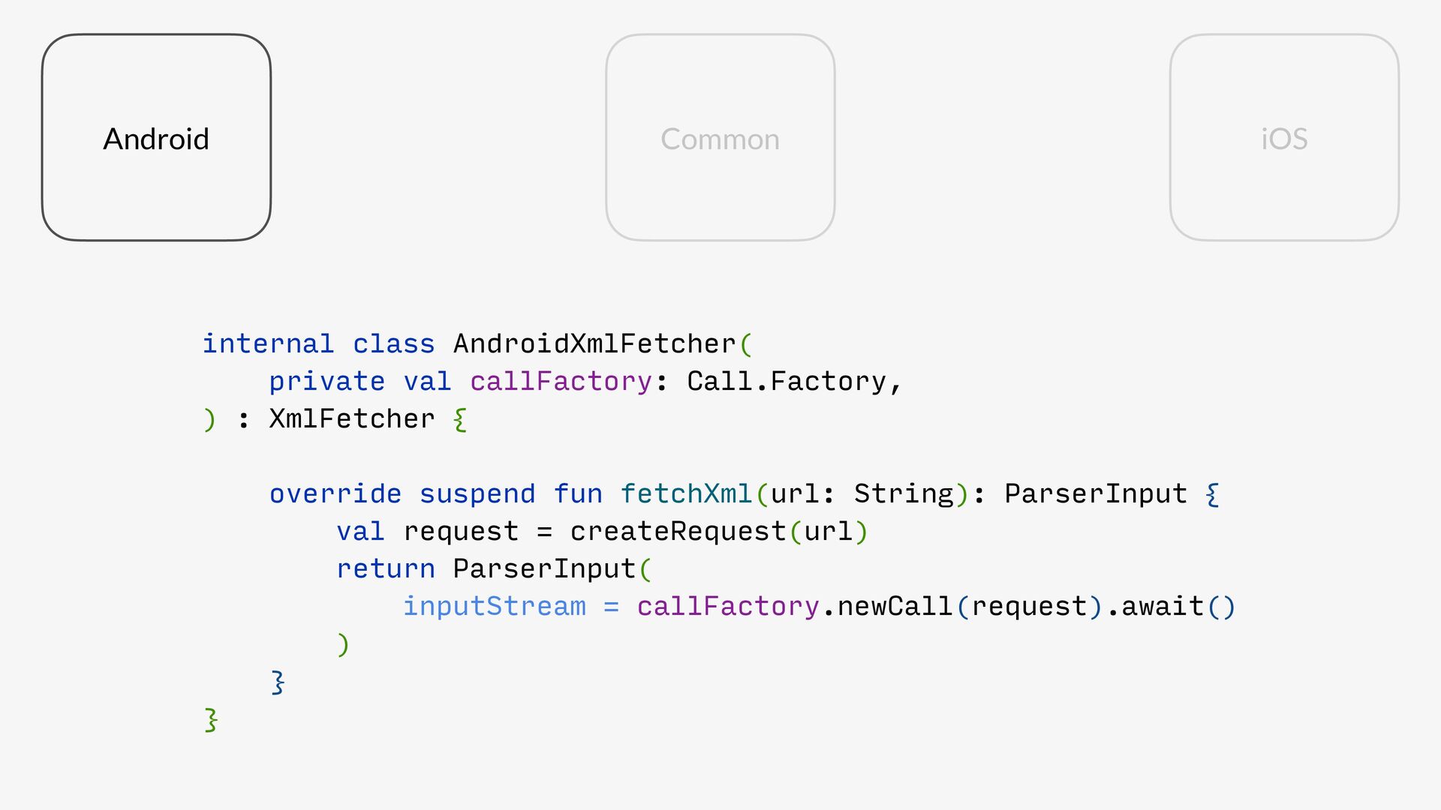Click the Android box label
(156, 139)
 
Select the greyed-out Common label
(720, 139)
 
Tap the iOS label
(1284, 139)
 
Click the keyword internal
(268, 343)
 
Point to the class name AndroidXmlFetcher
(594, 343)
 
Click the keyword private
(326, 381)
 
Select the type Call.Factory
(787, 381)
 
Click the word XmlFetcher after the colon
(352, 418)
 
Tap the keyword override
(335, 493)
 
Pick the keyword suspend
(477, 493)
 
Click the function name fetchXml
(686, 493)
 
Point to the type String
(904, 493)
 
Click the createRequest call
(678, 531)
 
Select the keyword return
(385, 568)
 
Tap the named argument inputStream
(494, 606)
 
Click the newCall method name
(895, 606)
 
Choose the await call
(1163, 606)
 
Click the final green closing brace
(211, 719)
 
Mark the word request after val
(461, 531)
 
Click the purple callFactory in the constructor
(561, 381)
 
